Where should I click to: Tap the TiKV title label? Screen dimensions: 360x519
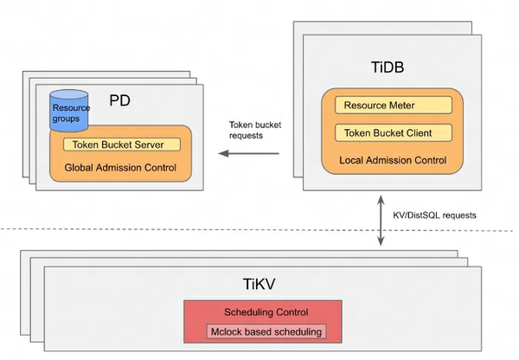click(x=260, y=282)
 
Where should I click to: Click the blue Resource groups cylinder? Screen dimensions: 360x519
click(x=68, y=111)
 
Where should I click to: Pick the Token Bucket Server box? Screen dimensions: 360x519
click(x=121, y=145)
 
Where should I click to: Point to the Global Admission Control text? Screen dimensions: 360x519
click(x=120, y=166)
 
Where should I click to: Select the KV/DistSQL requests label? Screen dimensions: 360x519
click(x=435, y=214)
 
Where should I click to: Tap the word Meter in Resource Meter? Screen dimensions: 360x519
click(x=413, y=106)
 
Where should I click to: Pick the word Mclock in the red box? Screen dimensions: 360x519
click(x=227, y=331)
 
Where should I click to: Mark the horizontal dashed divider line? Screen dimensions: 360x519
click(x=173, y=229)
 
